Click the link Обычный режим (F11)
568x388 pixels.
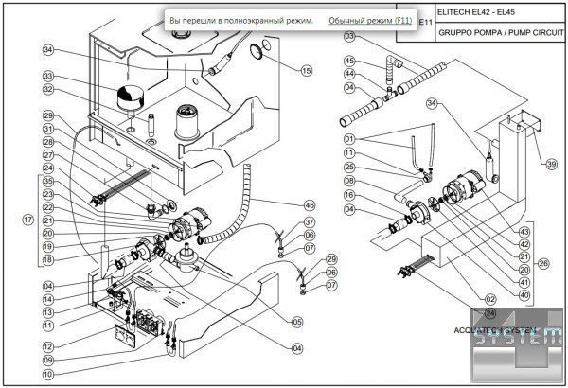[370, 20]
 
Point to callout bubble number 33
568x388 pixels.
[48, 77]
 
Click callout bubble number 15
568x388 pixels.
[306, 70]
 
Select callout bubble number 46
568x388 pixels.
[309, 204]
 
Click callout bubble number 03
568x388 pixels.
[349, 36]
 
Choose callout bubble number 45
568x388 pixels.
[349, 61]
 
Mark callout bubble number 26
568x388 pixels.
[541, 262]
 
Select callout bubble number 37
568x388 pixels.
[309, 222]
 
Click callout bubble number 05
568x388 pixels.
[297, 322]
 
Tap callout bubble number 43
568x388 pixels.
[524, 230]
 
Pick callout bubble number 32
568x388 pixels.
[48, 91]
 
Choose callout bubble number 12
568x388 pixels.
[48, 346]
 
